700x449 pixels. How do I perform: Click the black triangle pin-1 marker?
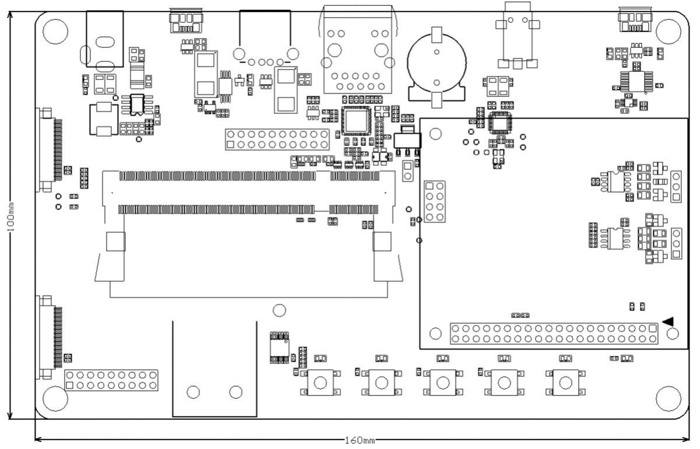(668, 321)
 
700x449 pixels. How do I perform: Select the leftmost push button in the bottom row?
(320, 382)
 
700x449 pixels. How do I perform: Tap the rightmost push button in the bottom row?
(565, 382)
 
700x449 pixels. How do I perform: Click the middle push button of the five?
(442, 382)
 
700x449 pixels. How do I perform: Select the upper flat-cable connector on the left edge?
(48, 149)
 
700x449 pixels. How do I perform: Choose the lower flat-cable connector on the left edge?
(48, 337)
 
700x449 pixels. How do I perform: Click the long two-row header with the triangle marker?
(553, 334)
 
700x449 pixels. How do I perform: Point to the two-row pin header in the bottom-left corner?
(111, 380)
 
